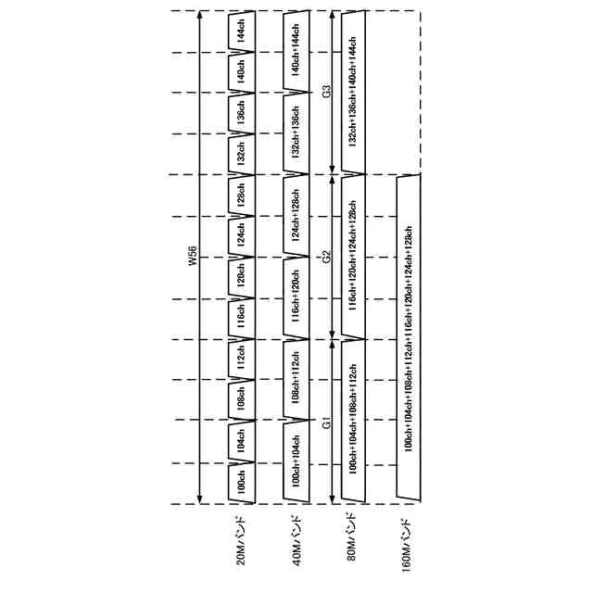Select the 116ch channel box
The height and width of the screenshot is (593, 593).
240,318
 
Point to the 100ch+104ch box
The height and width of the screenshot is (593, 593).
296,462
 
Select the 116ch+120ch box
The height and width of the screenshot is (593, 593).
296,297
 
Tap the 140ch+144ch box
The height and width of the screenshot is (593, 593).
296,51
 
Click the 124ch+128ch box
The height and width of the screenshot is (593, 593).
296,215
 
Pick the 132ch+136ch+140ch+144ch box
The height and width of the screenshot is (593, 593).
352,92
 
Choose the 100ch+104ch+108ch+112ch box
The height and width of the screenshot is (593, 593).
352,422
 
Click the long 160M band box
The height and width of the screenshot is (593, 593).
409,339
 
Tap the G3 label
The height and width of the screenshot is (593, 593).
326,93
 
